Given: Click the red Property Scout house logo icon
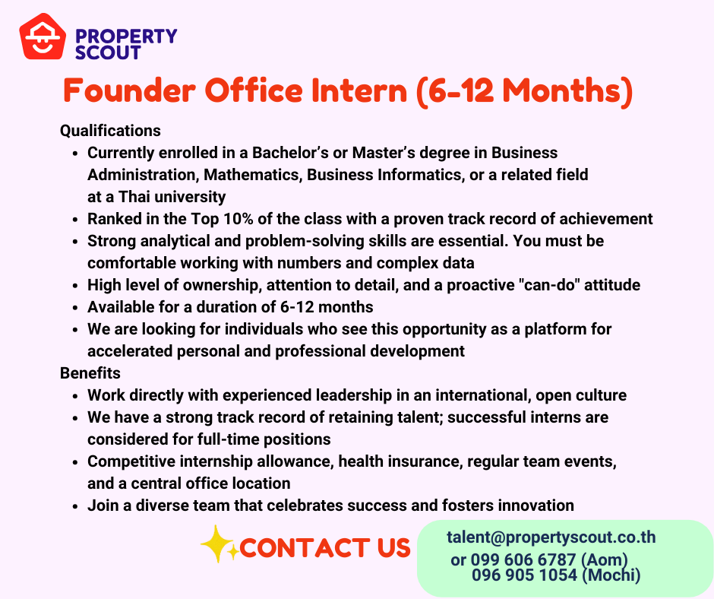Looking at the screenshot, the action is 43,36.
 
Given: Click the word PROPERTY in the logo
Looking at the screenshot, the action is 126,36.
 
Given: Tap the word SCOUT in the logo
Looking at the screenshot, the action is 108,52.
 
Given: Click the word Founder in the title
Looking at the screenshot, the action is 129,90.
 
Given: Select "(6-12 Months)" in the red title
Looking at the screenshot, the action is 524,92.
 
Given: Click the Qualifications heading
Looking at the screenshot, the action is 110,131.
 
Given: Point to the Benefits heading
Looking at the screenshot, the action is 90,373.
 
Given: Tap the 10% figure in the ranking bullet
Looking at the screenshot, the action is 239,219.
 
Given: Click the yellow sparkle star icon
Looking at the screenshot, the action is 219,544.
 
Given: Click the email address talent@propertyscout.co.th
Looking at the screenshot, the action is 551,537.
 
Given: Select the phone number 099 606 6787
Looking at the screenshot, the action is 523,559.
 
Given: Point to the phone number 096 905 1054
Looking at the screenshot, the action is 525,575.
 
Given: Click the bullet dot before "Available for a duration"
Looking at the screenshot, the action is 76,308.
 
